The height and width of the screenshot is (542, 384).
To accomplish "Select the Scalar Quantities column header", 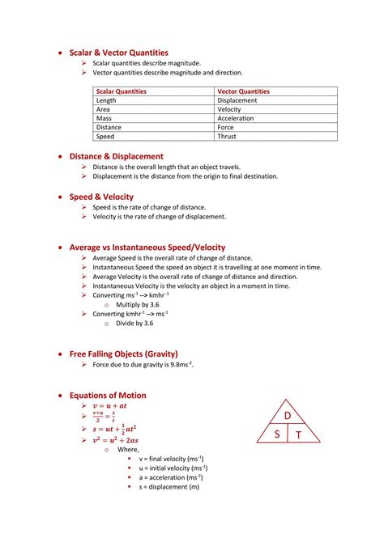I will [x=121, y=91].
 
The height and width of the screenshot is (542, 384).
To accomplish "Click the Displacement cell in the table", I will [x=237, y=100].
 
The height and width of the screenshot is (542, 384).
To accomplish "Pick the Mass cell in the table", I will [x=105, y=118].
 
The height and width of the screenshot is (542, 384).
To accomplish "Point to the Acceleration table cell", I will [x=236, y=118].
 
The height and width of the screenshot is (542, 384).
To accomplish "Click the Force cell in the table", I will [x=225, y=127].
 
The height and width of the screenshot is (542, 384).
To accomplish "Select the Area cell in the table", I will [x=104, y=109].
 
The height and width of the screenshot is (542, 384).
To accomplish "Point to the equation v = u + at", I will [x=110, y=405].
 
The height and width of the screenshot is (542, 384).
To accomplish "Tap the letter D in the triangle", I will [x=287, y=416].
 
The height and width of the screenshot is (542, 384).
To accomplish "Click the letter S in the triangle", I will [x=276, y=434].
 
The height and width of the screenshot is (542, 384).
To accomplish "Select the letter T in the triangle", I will [x=298, y=435].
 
